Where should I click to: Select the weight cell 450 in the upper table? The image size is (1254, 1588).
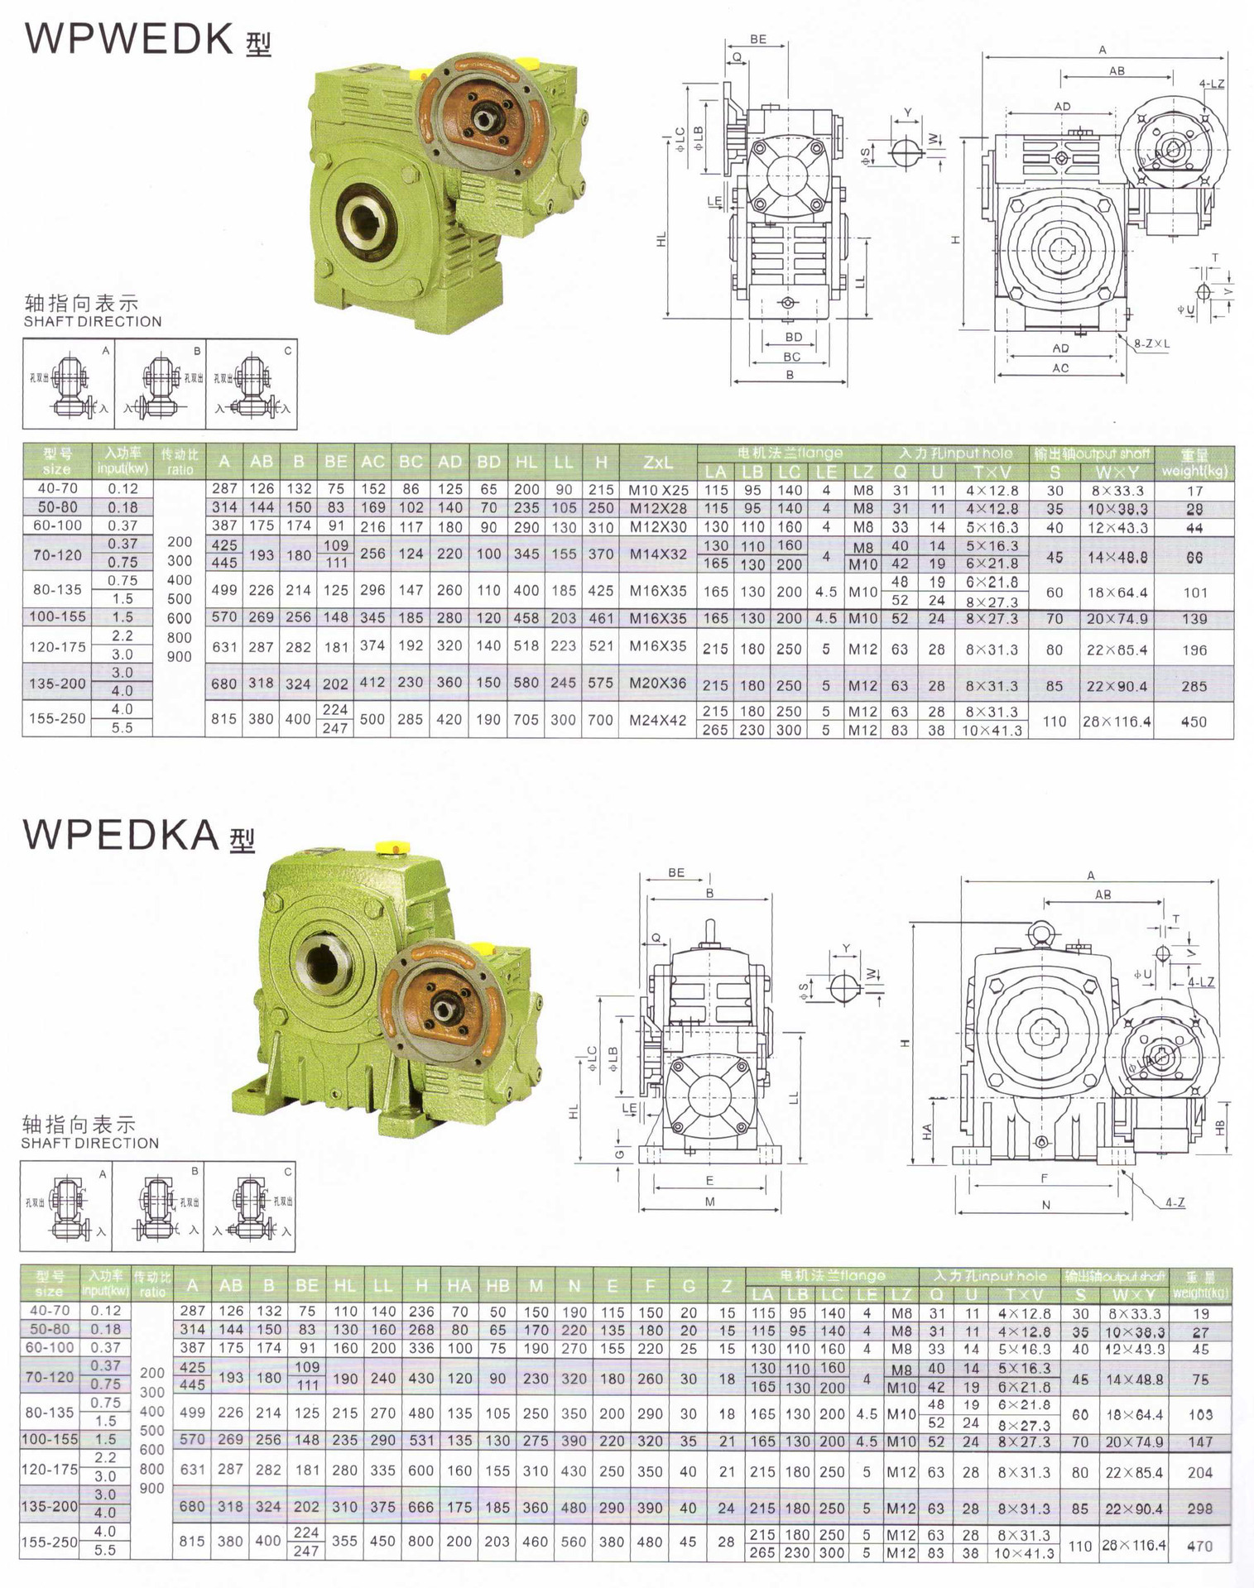coord(1194,722)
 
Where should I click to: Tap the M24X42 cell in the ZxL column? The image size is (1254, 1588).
coord(658,720)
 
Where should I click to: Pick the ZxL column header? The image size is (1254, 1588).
coord(658,463)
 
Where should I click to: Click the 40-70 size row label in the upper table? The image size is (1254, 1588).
coord(57,488)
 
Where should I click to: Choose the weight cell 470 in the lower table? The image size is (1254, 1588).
coord(1199,1545)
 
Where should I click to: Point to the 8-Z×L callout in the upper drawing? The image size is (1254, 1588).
coord(1151,343)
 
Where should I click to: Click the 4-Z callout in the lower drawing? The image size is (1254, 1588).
coord(1175,1202)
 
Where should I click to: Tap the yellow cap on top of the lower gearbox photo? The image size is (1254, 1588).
coord(393,847)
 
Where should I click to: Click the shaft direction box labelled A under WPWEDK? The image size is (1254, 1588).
coord(70,384)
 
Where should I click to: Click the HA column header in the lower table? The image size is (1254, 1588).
coord(459,1286)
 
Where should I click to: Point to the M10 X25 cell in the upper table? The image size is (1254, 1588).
coord(658,490)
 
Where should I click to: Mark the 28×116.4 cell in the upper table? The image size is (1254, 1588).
coord(1117,722)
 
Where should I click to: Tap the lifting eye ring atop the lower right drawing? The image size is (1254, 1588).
coord(1041,934)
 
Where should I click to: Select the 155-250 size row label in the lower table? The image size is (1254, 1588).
coord(50,1542)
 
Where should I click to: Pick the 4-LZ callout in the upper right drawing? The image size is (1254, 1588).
coord(1211,84)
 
